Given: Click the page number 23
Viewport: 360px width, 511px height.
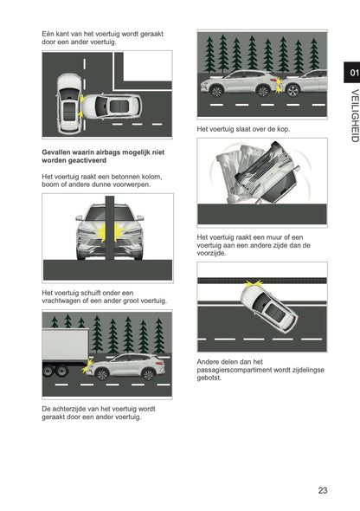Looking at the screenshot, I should (322, 490).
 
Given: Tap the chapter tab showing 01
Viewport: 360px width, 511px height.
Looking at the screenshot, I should (350, 73).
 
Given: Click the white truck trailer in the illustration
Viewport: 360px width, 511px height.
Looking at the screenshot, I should (64, 346).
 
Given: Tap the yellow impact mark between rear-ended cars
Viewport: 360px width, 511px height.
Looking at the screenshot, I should (279, 86).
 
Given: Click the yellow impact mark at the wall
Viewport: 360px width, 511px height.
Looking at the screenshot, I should (229, 283).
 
